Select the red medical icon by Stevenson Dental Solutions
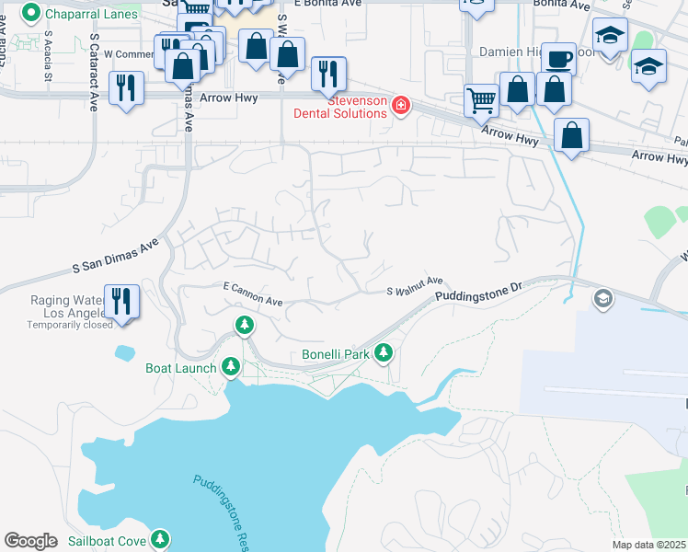pos(400,106)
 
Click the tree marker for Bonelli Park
pos(383,352)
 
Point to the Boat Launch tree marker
pos(230,367)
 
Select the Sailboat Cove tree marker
pos(161,539)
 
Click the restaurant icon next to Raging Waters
pos(121,301)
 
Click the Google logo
pos(31,541)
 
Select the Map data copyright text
pos(649,545)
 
